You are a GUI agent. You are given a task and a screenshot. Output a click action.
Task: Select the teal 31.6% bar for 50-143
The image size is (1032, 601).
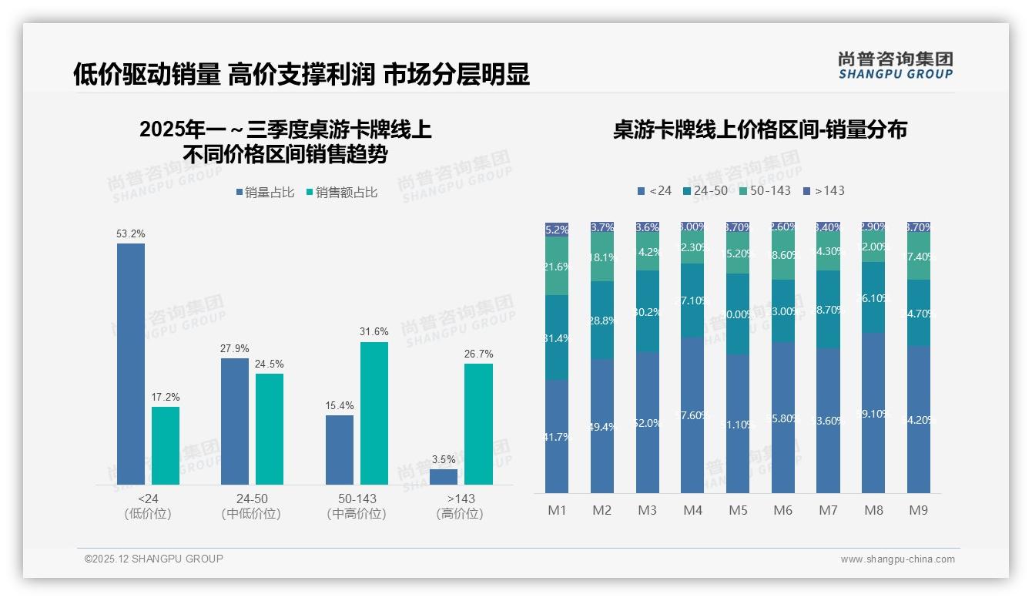(374, 413)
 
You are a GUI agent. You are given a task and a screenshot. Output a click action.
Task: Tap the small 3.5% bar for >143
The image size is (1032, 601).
(444, 476)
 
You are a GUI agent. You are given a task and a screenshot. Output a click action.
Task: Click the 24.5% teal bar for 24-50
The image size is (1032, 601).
(270, 428)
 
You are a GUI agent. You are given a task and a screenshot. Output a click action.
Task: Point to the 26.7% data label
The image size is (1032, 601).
(478, 354)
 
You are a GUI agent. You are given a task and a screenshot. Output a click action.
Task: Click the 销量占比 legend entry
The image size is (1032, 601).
(264, 193)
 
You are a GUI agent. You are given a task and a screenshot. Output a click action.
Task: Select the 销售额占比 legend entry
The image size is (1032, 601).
(341, 193)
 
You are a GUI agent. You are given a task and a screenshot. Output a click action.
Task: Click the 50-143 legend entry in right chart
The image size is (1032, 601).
(764, 190)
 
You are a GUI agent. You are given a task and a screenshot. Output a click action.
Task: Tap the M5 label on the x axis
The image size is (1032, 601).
(738, 510)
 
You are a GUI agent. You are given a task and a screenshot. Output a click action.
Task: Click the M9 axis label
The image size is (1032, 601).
(918, 510)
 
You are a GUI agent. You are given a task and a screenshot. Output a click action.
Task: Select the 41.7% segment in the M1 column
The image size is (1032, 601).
(557, 436)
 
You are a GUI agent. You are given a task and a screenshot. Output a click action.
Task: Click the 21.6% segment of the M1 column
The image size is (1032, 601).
(557, 266)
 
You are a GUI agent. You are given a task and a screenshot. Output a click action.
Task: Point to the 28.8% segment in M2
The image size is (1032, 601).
(602, 320)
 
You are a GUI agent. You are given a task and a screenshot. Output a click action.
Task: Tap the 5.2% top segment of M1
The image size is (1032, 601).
(557, 229)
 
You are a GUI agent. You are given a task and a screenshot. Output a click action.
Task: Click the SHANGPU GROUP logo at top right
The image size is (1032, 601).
(895, 65)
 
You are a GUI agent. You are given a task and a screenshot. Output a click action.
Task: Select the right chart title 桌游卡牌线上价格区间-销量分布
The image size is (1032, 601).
(759, 129)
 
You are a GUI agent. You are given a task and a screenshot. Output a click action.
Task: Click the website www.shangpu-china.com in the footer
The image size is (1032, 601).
(897, 559)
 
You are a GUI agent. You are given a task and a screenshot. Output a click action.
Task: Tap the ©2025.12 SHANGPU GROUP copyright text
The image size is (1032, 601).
(154, 559)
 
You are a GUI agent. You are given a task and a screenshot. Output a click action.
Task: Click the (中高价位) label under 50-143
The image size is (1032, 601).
(357, 514)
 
